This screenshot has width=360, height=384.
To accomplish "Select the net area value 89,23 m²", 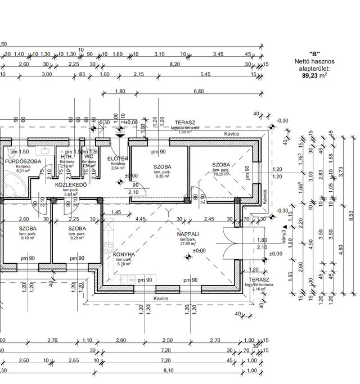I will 314,74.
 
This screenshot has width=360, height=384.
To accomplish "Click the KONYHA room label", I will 124,255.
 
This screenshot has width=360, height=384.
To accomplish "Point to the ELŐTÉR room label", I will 118,159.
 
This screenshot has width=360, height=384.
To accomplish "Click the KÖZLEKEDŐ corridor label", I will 70,185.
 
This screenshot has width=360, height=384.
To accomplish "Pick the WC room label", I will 89,157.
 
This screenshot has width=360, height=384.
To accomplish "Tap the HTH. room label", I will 66,157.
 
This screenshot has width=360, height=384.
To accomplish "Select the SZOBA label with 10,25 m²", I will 221,165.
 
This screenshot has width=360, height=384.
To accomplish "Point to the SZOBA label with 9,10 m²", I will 28,229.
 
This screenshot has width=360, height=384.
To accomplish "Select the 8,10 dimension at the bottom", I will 169,371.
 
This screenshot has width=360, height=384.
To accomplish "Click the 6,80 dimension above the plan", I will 199,91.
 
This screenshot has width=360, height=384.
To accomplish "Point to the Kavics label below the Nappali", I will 161,299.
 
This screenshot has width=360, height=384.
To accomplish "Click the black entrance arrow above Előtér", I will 120,133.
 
